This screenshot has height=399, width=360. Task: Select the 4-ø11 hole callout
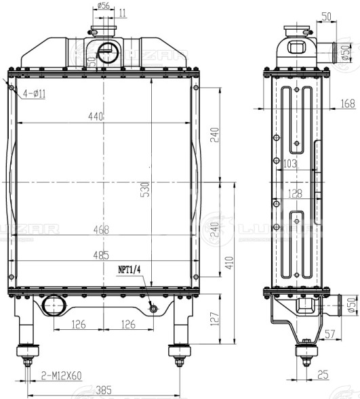pyautogui.click(x=33, y=94)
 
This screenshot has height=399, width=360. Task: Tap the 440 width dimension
pyautogui.click(x=95, y=117)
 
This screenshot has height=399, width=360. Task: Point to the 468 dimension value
pyautogui.click(x=101, y=230)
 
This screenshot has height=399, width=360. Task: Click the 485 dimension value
pyautogui.click(x=101, y=255)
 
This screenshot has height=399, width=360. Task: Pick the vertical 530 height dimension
pyautogui.click(x=144, y=190)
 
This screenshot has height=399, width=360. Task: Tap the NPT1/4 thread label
pyautogui.click(x=129, y=270)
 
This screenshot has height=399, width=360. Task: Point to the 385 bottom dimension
pyautogui.click(x=103, y=390)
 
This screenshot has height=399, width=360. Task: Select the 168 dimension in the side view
pyautogui.click(x=348, y=104)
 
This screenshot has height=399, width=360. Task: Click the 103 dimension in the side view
pyautogui.click(x=289, y=164)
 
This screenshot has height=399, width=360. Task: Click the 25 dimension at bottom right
pyautogui.click(x=323, y=374)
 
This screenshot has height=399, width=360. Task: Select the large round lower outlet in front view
pyautogui.click(x=52, y=308)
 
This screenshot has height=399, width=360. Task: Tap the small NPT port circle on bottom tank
pyautogui.click(x=154, y=309)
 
